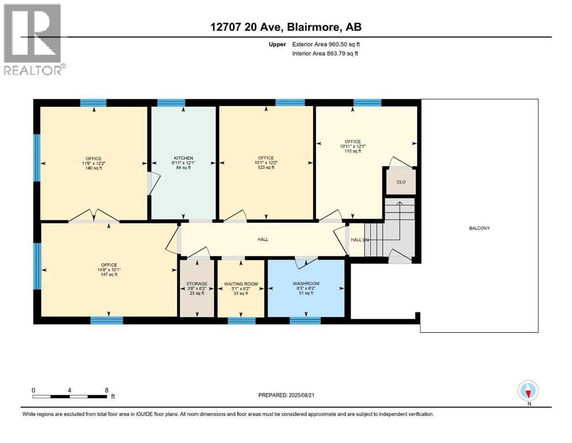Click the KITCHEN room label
(x=183, y=158)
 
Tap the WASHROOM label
(x=306, y=284)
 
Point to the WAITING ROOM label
(x=240, y=284)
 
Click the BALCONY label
(x=479, y=228)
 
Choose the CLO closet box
(x=401, y=182)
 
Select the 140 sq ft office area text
(x=93, y=167)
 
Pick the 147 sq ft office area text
(x=109, y=275)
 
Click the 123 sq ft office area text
(x=266, y=167)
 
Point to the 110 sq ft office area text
(x=353, y=151)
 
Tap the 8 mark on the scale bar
(x=106, y=390)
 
